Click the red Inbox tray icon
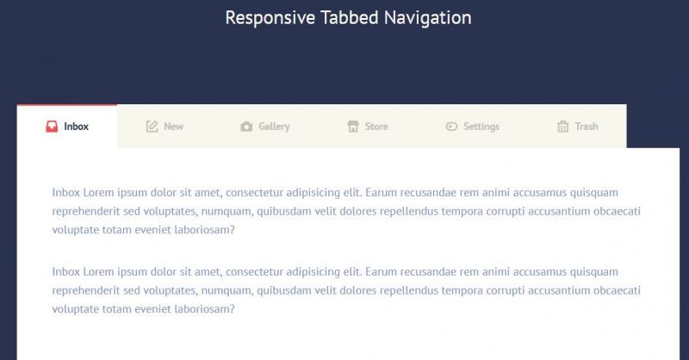coord(52,127)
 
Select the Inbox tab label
coord(76,127)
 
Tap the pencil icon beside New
coord(152,127)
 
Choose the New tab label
coord(174,127)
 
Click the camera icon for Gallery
coord(246,127)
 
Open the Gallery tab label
coord(274,127)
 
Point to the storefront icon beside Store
coord(353,127)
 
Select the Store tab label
coord(376,127)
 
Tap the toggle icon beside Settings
coord(451,127)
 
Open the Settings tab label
coord(481,127)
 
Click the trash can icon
coord(563,127)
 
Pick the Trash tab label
coord(587,127)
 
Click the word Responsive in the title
coord(270,18)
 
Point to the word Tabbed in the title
coord(350,18)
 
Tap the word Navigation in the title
coord(427,18)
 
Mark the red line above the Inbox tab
coord(67,105)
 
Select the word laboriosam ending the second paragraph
coord(205,308)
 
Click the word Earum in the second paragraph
coord(382,271)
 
